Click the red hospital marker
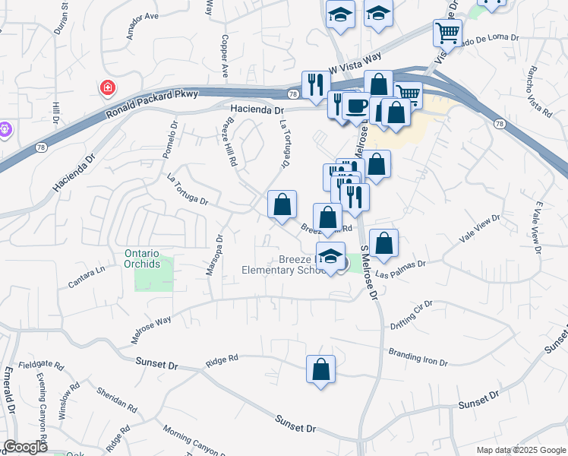coord(108,87)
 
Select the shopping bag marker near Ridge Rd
coord(321,370)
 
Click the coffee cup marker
coord(355,106)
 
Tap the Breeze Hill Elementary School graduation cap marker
coord(330,257)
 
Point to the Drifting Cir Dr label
coord(411,315)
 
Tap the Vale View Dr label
coord(480,229)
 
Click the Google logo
coord(25,446)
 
